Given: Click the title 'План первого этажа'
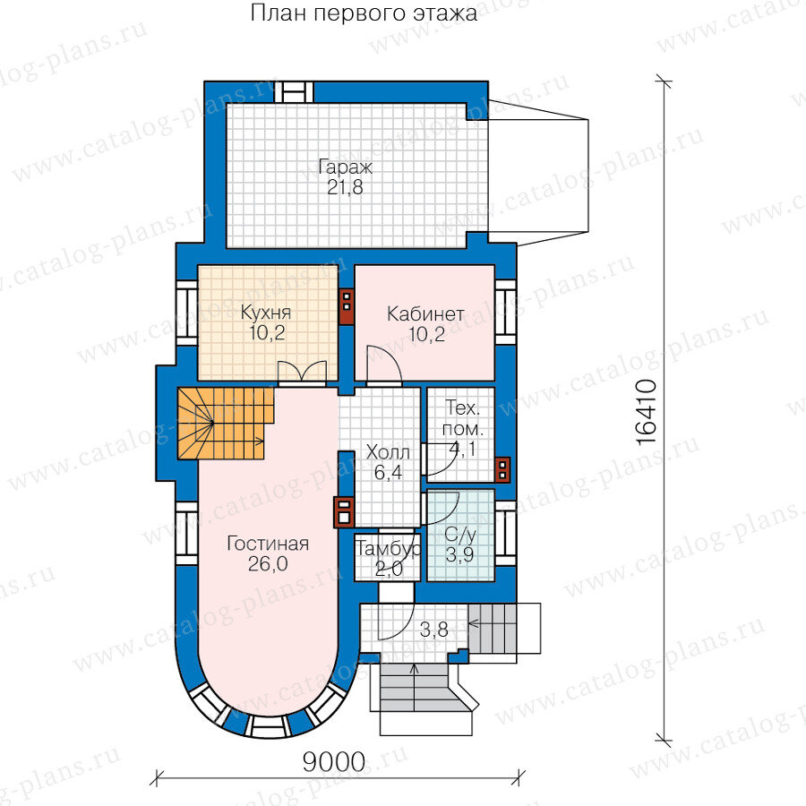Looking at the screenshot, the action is click(x=364, y=13).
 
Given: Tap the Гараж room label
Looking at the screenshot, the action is click(x=345, y=167).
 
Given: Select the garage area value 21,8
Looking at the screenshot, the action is click(x=345, y=188).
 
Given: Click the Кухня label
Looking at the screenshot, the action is click(x=266, y=313).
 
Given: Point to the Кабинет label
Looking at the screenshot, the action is click(x=425, y=313).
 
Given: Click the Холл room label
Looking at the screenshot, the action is click(x=388, y=453).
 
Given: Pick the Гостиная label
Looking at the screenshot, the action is click(x=268, y=544).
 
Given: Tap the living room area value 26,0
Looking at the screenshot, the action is click(x=268, y=564).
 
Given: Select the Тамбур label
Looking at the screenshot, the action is click(x=388, y=549).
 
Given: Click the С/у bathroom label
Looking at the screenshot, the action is click(x=460, y=535).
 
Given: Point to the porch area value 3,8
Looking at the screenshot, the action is click(x=433, y=630).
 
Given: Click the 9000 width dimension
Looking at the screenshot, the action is click(x=334, y=762).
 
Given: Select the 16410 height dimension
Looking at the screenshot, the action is click(x=647, y=412).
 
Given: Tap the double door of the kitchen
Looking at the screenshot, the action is click(x=303, y=373).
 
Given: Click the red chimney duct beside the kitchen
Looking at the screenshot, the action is click(x=347, y=307).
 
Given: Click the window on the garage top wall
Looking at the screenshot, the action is click(x=294, y=92).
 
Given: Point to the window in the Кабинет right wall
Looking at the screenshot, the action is click(x=505, y=312).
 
